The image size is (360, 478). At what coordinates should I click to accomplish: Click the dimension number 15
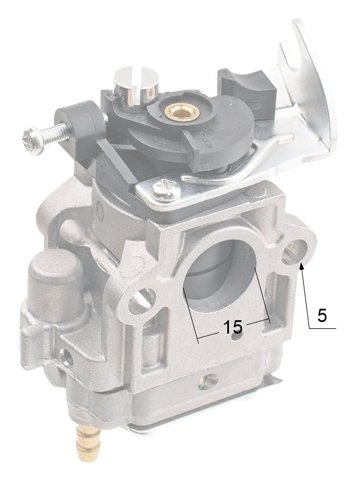tap(232, 326)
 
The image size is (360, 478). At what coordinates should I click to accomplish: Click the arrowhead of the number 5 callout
tap(302, 266)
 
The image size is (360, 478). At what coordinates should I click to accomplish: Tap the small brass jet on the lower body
tap(208, 381)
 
